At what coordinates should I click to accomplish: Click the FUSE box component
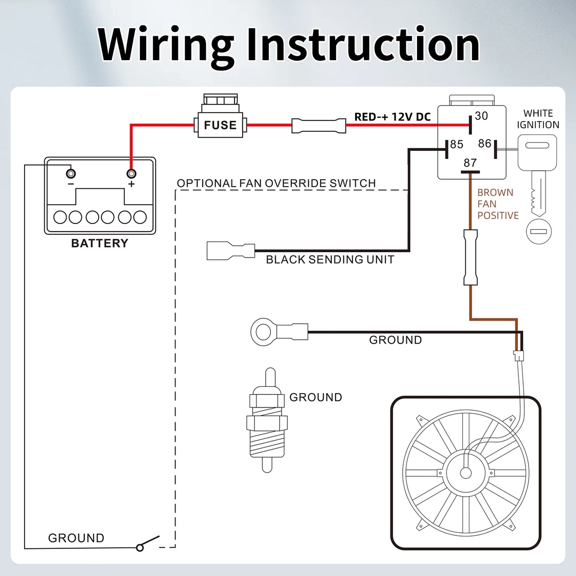click(x=220, y=125)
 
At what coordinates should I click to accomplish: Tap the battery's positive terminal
click(x=131, y=174)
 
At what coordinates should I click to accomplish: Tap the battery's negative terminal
click(x=70, y=174)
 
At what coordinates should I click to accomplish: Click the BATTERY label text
click(x=100, y=244)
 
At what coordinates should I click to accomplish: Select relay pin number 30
click(x=482, y=115)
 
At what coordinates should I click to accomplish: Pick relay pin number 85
click(x=457, y=145)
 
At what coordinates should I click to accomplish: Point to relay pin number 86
click(x=484, y=143)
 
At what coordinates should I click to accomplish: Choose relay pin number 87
click(x=470, y=163)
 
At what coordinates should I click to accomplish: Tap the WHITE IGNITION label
click(x=538, y=119)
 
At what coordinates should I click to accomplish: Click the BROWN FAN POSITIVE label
click(x=498, y=204)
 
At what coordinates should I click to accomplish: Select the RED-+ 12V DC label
click(x=392, y=117)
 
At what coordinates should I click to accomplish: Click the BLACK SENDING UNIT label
click(x=330, y=260)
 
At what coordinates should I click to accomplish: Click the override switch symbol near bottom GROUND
click(x=149, y=543)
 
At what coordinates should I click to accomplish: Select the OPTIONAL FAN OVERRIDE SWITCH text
click(x=276, y=183)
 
